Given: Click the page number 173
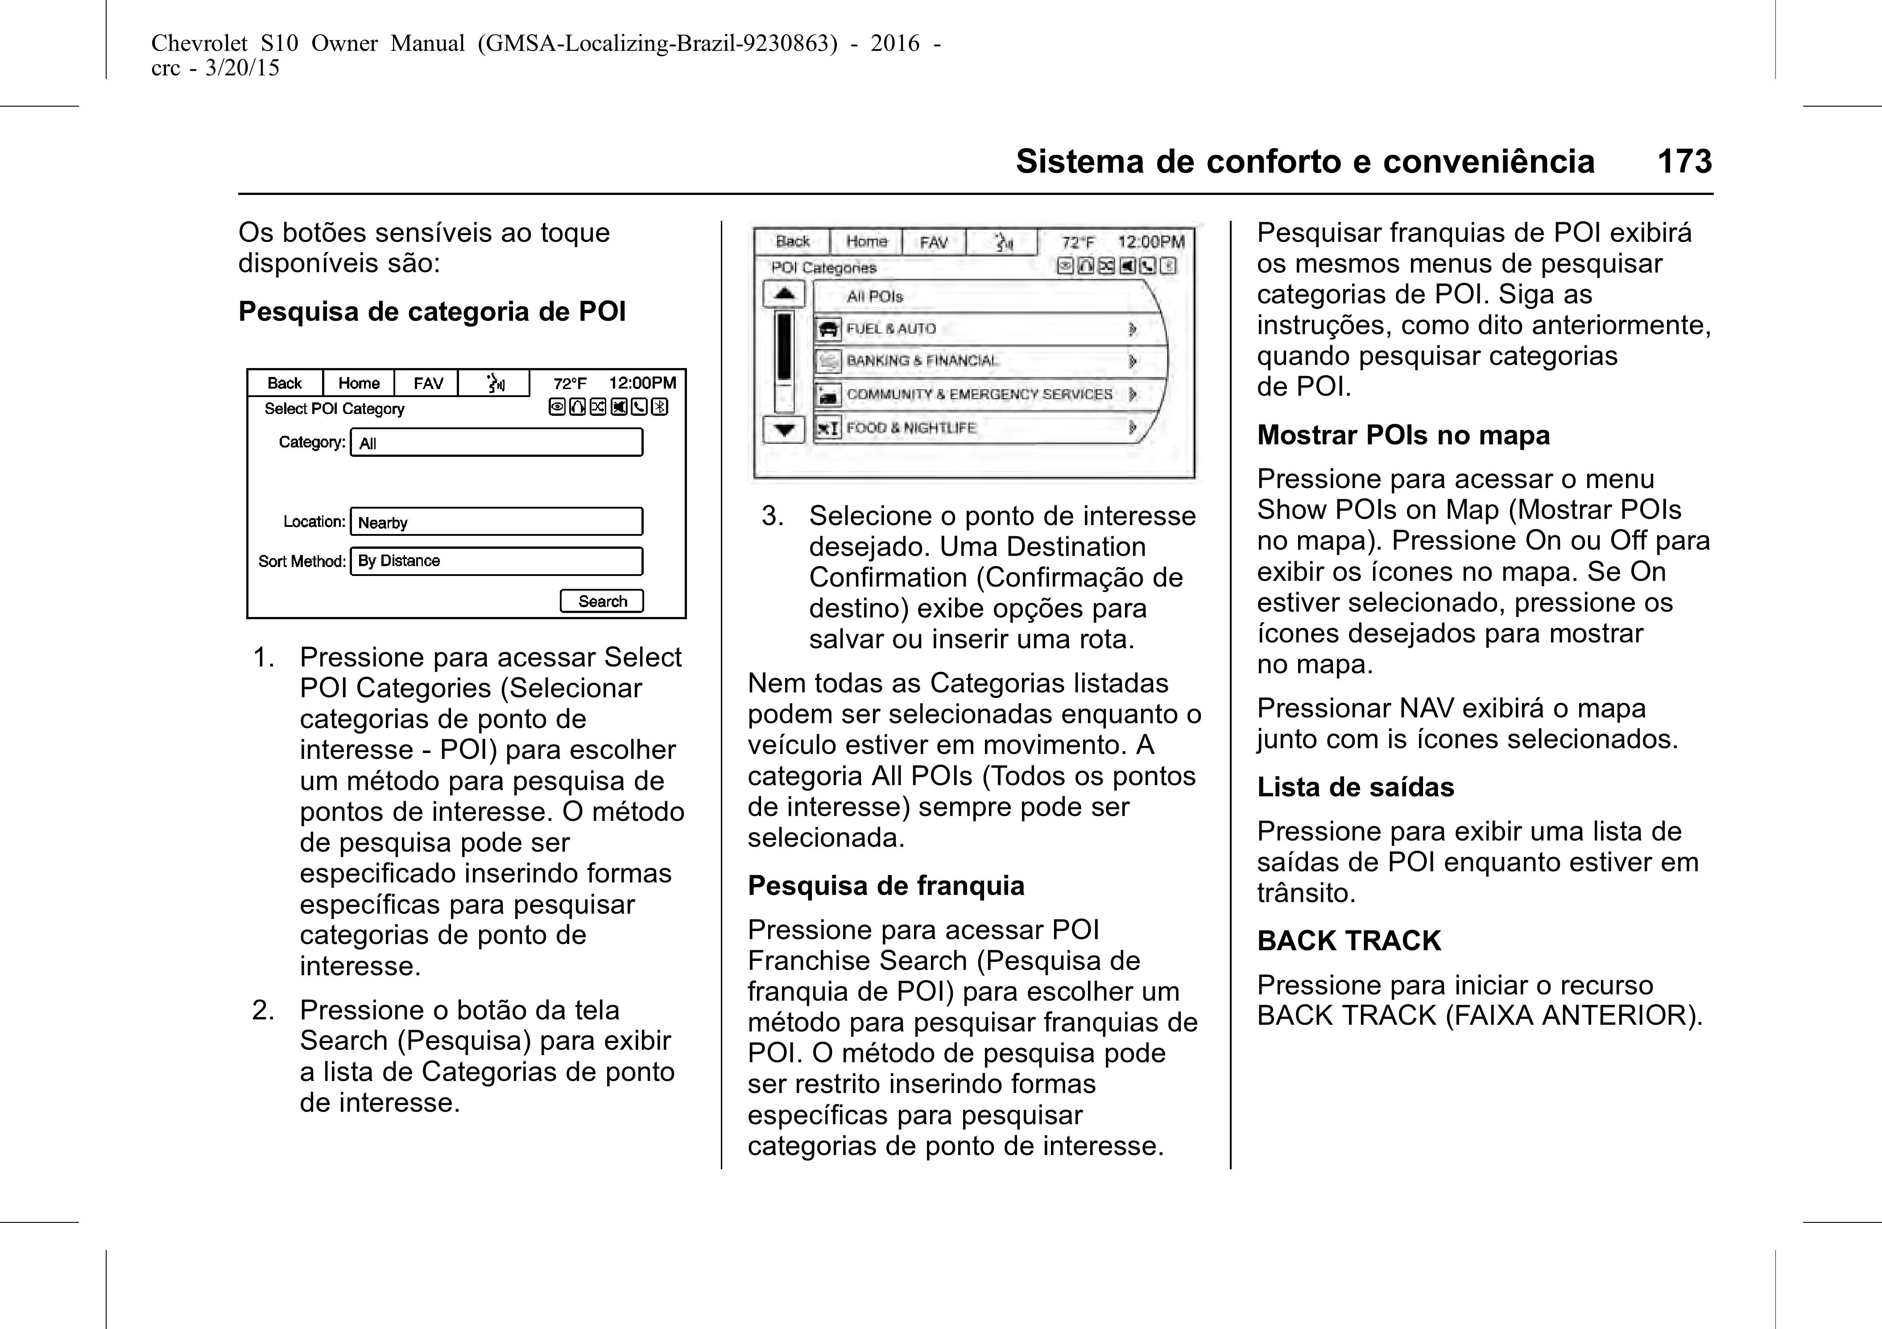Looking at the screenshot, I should [x=1684, y=161].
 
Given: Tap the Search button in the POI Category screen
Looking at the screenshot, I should [x=602, y=601].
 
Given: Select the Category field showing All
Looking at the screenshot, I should [x=496, y=443].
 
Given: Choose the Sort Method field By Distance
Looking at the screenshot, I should [x=496, y=561].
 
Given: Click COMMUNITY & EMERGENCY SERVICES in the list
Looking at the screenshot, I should [x=980, y=394].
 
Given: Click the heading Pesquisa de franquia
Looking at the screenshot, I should [x=885, y=886].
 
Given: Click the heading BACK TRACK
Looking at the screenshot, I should [x=1348, y=940].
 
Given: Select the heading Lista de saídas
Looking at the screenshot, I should [x=1355, y=787].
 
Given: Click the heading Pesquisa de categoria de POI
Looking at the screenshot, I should [x=432, y=311].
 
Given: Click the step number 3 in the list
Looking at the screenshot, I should [x=772, y=516].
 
